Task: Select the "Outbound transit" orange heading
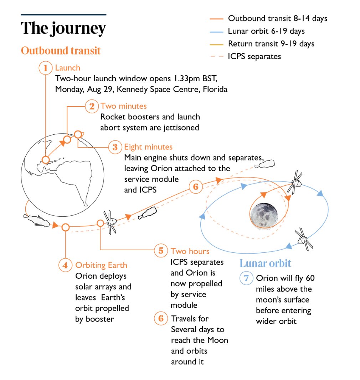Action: [x=61, y=50]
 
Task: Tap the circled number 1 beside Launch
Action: [x=45, y=68]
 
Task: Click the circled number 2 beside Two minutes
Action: [x=92, y=106]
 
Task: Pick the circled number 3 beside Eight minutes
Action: [x=115, y=147]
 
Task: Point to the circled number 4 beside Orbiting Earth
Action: [x=65, y=265]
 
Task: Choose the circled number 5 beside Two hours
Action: [x=161, y=251]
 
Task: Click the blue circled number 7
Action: [x=246, y=278]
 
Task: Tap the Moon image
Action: [x=264, y=215]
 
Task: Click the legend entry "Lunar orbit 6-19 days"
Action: [x=266, y=31]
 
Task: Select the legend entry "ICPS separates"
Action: [x=254, y=56]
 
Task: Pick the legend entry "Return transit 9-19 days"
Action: [x=271, y=44]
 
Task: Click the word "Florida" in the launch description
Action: [x=215, y=89]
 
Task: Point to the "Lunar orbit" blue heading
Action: [x=265, y=263]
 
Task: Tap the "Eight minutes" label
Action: [x=148, y=147]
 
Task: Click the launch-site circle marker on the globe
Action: [x=45, y=160]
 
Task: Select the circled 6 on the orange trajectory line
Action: [x=195, y=187]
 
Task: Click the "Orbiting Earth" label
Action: [x=101, y=265]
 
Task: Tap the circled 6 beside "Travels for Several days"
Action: [x=161, y=318]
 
